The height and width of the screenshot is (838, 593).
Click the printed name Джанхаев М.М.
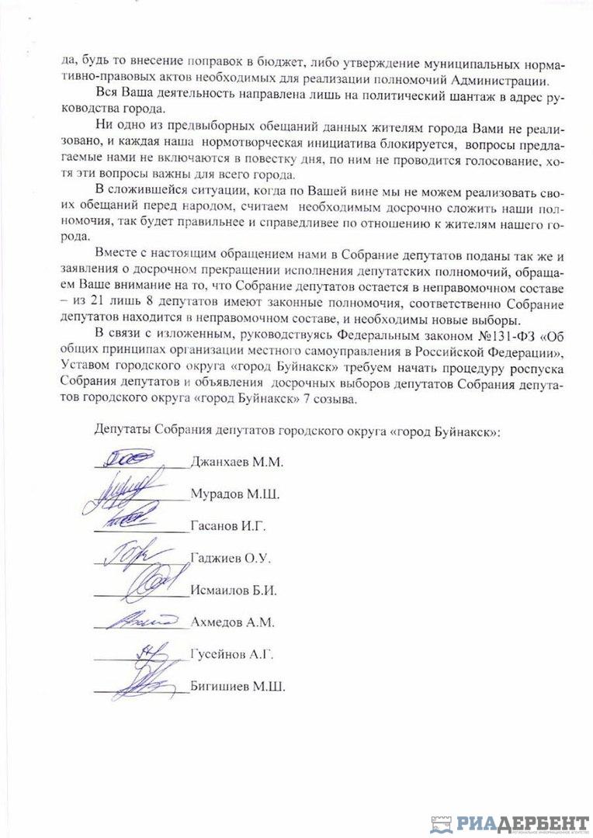pyautogui.click(x=237, y=462)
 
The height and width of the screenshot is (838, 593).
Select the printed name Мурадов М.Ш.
pyautogui.click(x=235, y=494)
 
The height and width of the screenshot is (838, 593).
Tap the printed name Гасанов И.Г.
pyautogui.click(x=228, y=526)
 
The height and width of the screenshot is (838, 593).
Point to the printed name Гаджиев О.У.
pyautogui.click(x=230, y=558)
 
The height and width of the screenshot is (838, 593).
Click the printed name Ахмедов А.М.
pyautogui.click(x=233, y=622)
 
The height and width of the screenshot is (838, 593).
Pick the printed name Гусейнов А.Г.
pyautogui.click(x=232, y=654)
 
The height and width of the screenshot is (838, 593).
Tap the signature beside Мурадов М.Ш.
pyautogui.click(x=128, y=489)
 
